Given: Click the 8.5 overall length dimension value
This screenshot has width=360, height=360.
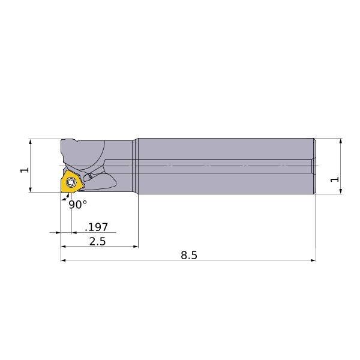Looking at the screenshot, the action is tap(189, 255).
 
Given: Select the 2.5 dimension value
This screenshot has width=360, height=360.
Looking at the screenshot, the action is tap(97, 241).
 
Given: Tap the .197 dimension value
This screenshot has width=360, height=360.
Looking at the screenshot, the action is tap(97, 227).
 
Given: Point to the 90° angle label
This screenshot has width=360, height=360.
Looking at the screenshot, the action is tap(78, 205).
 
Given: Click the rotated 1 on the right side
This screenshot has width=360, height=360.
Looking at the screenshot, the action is tap(335, 179).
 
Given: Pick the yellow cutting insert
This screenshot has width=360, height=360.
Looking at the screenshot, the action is tap(71, 182).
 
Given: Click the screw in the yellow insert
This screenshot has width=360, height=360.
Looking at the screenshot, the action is tap(71, 182).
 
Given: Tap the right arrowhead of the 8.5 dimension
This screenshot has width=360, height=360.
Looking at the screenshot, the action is tap(313, 260).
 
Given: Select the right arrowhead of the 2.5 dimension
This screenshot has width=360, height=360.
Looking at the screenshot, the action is tap(136, 247).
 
